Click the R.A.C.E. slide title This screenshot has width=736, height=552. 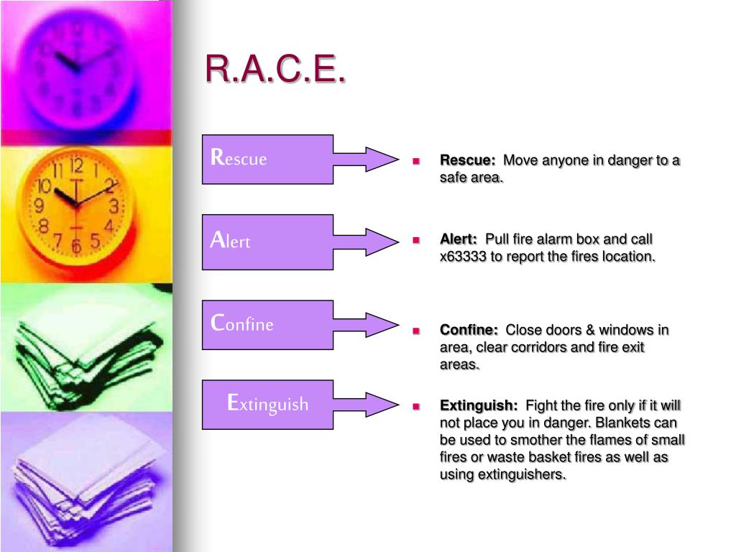(x=275, y=68)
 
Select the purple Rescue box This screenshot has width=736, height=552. (x=267, y=159)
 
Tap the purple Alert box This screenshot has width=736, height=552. (x=267, y=242)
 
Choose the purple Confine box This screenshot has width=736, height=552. (x=267, y=325)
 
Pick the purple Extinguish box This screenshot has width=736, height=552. (x=267, y=405)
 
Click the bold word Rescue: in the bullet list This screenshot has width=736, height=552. (x=467, y=160)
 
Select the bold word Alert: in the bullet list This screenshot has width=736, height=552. (x=458, y=239)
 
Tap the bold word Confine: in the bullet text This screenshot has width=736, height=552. (x=469, y=329)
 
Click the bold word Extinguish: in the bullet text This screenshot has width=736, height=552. (x=478, y=405)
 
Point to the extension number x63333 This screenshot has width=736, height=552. (x=463, y=257)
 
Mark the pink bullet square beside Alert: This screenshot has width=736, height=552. (x=416, y=240)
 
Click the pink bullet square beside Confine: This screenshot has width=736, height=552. (x=416, y=331)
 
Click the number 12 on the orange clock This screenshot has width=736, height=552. (x=76, y=166)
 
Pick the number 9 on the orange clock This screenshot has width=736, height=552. (x=40, y=205)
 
